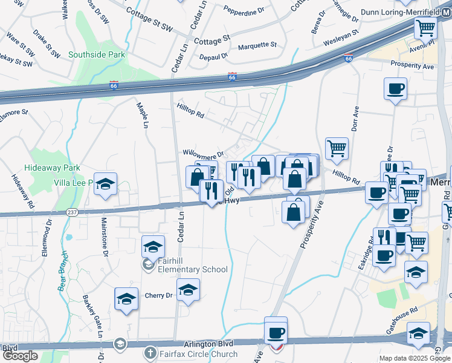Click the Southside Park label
tap(97, 54)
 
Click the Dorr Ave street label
tap(355, 119)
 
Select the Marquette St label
tap(257, 45)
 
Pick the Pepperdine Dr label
tap(244, 10)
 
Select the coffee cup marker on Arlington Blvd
tap(276, 332)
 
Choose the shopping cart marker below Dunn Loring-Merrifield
tap(425, 28)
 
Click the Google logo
tap(20, 356)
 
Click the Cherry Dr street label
tap(159, 295)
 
